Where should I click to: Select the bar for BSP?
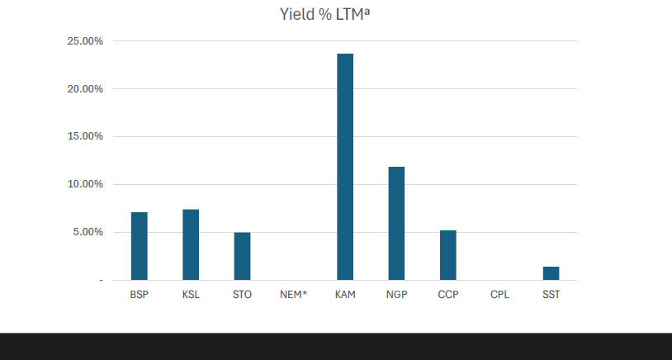140,246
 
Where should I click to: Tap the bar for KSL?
191,244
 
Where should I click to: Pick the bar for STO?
242,256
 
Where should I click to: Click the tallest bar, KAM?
345,167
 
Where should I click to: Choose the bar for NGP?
396,223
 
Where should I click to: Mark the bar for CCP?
447,255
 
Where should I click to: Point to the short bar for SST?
551,273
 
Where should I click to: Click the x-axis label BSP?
140,294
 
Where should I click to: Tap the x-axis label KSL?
191,294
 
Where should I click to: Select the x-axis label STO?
242,294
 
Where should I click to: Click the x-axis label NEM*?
293,294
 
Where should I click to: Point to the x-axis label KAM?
345,294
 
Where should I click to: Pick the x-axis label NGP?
396,294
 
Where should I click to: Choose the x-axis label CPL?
499,294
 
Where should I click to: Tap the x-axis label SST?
551,294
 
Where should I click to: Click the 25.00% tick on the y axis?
85,41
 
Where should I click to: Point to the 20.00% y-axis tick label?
85,89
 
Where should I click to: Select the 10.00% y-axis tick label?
85,184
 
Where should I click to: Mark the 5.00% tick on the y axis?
88,232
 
